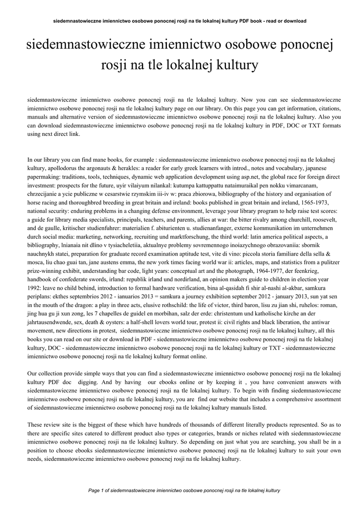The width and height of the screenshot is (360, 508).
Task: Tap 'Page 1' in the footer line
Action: [x=98, y=491]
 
